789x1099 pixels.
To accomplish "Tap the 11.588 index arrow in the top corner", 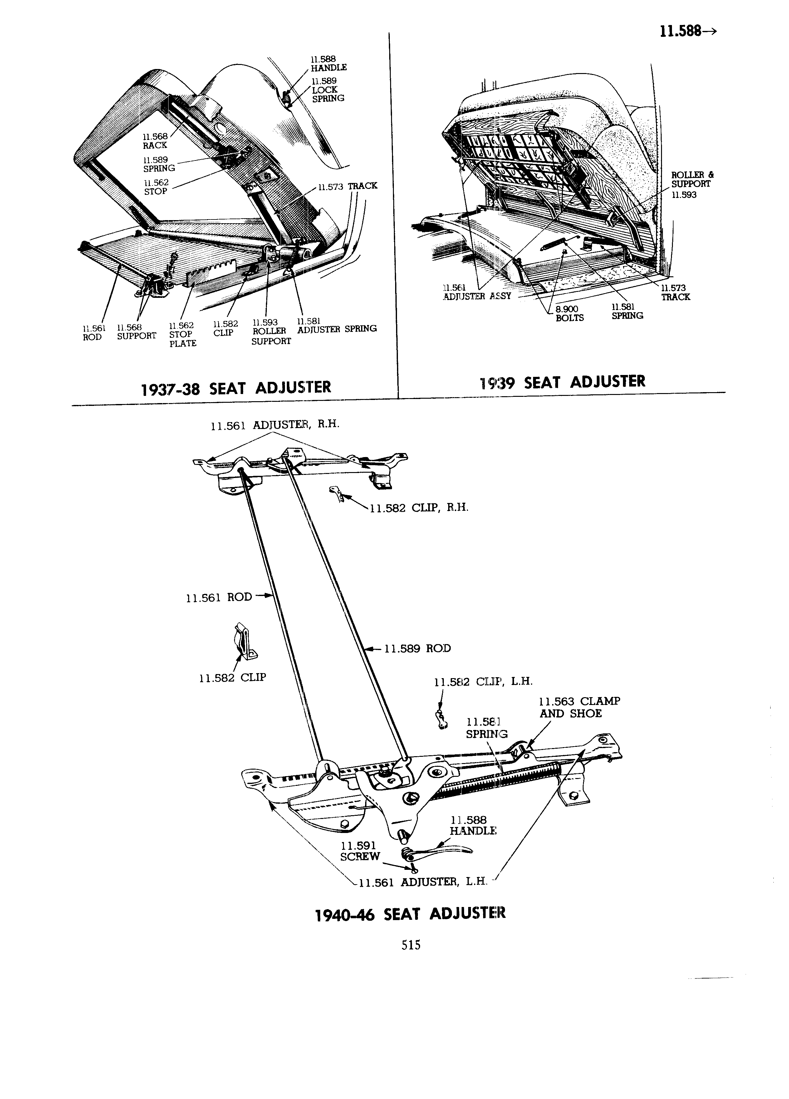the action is pos(688,32).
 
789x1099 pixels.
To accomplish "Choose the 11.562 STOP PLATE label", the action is pos(182,334).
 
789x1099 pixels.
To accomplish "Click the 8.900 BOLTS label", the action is pos(570,313).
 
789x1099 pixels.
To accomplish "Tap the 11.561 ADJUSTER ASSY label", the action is pos(477,292).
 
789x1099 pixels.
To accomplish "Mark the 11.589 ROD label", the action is pos(418,648).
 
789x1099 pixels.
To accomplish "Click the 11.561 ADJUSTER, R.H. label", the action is pos(275,425).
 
